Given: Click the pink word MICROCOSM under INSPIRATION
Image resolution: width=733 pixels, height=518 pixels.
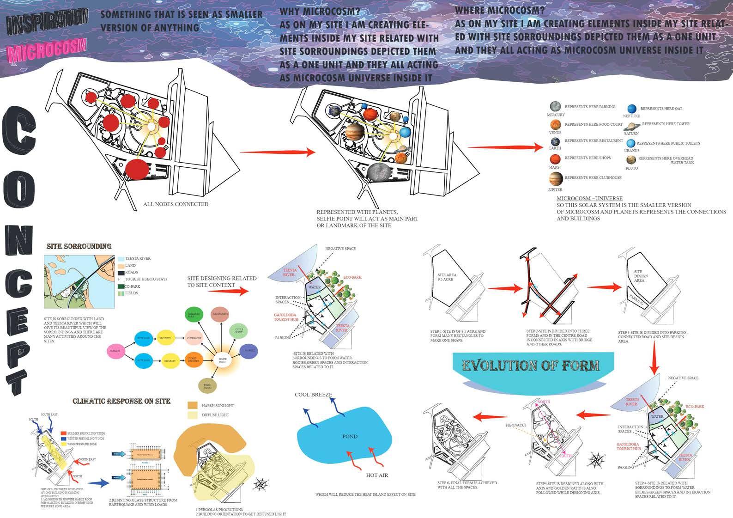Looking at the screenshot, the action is (48, 50).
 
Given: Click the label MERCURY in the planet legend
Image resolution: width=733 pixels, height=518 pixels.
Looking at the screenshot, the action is (556, 115).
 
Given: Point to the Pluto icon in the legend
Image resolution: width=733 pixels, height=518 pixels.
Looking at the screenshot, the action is (631, 160).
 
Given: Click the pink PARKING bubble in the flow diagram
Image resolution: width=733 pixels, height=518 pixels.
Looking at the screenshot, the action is (115, 351).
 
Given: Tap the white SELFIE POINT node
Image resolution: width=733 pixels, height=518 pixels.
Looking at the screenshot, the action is (222, 360).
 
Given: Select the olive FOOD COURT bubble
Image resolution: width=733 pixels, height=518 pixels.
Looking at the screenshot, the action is (208, 385).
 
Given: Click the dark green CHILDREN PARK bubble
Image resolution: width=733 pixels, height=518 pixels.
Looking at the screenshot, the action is (192, 315).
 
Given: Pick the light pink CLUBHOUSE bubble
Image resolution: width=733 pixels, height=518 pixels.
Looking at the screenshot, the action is (194, 338).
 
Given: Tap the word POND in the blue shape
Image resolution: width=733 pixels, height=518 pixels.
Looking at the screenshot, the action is (350, 436).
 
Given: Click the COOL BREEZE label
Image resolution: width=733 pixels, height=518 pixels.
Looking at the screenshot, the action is (313, 395).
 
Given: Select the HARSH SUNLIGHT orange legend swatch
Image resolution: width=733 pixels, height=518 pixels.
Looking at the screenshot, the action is (193, 405).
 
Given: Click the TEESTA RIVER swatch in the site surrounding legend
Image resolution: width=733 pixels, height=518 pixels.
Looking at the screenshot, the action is (121, 259).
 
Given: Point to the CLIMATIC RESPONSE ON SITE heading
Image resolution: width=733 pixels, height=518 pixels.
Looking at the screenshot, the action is (121, 401).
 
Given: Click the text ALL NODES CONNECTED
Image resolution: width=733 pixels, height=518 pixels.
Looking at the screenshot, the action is (176, 204).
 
